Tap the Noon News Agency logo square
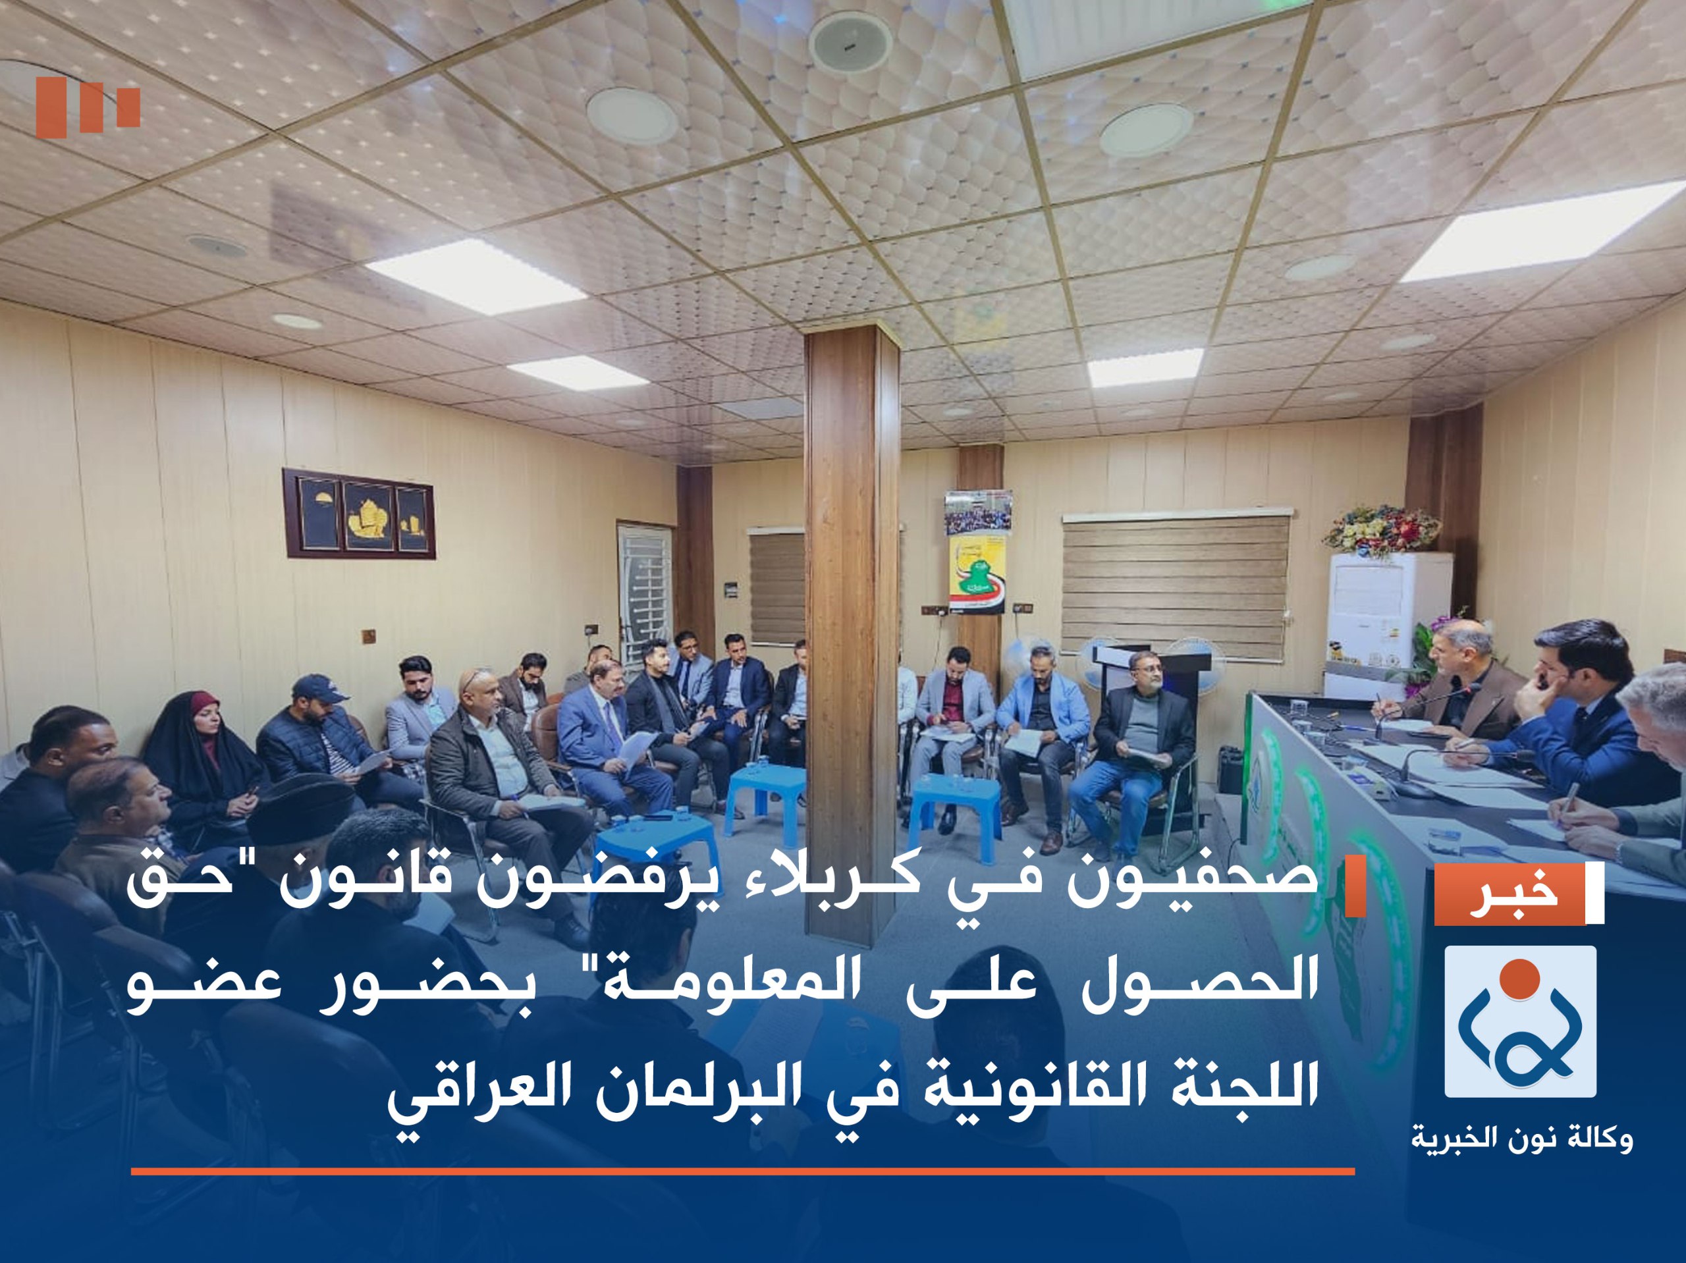(1520, 1021)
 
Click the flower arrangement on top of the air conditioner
(1381, 529)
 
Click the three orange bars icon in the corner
(88, 107)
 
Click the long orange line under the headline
(743, 1171)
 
